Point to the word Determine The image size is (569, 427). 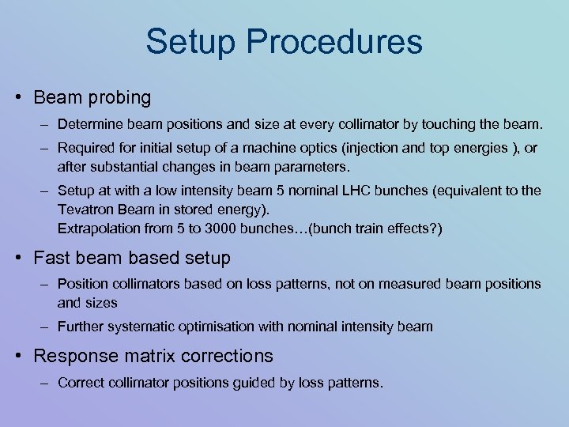pos(86,125)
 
